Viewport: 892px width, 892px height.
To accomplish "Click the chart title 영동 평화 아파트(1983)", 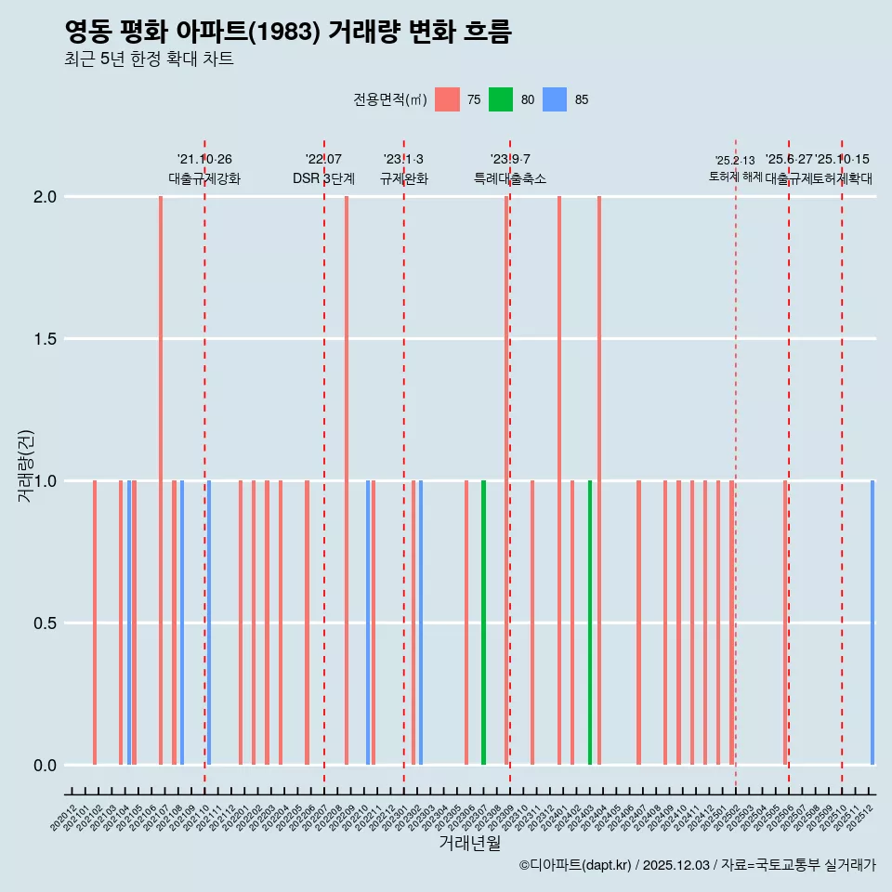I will click(288, 32).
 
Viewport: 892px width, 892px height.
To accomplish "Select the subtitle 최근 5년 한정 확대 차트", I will click(149, 59).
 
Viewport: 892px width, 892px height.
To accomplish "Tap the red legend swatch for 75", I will click(447, 99).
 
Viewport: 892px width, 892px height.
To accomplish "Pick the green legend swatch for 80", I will click(501, 99).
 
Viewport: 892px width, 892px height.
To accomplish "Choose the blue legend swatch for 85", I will click(555, 99).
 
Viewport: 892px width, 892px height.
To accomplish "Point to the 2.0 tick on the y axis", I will click(46, 197).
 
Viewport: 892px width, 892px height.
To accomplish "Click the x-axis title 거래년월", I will click(469, 844).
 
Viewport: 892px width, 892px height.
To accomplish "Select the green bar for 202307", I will click(483, 623).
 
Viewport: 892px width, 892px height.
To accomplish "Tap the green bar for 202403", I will click(590, 623).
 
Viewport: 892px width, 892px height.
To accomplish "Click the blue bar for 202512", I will click(872, 623).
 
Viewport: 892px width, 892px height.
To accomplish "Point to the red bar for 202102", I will click(95, 623).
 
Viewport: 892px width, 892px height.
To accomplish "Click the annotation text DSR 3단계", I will click(323, 178).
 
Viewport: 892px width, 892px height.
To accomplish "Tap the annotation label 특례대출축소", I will click(510, 178).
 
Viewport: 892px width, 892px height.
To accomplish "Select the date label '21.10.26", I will click(204, 160).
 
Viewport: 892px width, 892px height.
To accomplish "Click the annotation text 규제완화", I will click(404, 178).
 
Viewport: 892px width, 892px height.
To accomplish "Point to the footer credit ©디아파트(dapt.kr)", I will click(575, 865).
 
